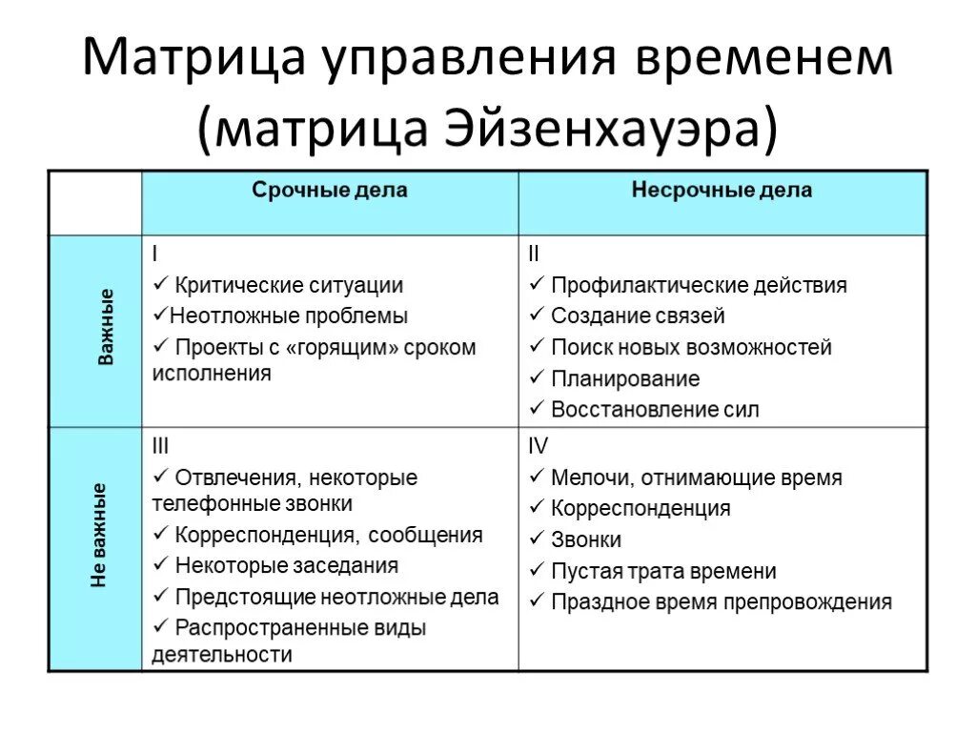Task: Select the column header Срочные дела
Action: click(x=329, y=191)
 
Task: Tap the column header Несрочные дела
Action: click(x=722, y=191)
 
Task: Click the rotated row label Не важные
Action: click(x=99, y=534)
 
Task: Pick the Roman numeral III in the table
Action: click(x=161, y=445)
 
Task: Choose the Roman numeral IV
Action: click(x=539, y=445)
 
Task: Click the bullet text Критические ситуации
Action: click(x=289, y=285)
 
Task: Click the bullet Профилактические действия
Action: click(x=699, y=285)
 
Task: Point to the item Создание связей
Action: click(x=638, y=315)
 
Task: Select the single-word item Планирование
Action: click(x=624, y=378)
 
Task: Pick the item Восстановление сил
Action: click(x=655, y=410)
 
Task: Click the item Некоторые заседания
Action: click(x=286, y=565)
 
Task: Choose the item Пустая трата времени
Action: click(x=663, y=571)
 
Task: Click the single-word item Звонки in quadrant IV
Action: click(x=586, y=539)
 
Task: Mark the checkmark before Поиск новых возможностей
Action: click(x=536, y=347)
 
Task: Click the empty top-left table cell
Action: click(x=95, y=203)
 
